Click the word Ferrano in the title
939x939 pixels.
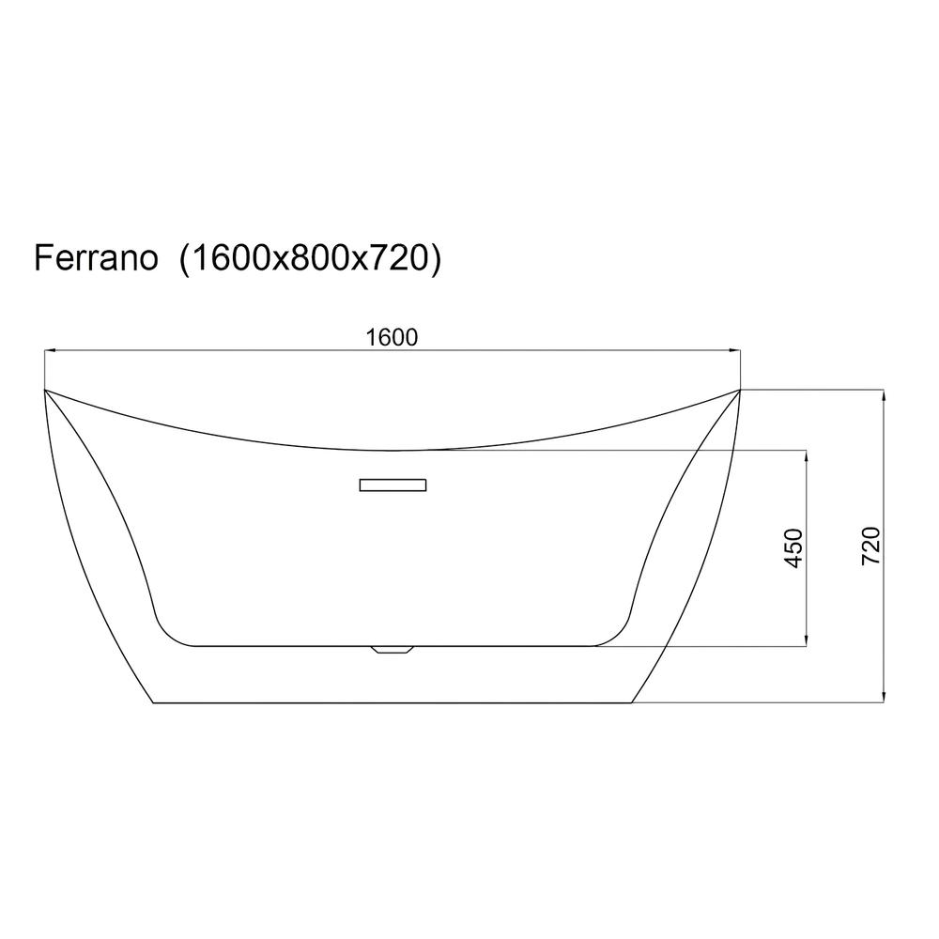[96, 258]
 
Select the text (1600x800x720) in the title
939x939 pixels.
[310, 258]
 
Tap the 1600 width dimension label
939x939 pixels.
[392, 337]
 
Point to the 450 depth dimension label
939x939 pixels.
[794, 547]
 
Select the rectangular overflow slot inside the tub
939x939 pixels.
[393, 485]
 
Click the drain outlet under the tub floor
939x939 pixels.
[393, 650]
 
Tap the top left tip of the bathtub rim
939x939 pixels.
[45, 389]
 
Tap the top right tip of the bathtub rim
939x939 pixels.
[741, 389]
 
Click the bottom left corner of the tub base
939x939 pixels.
[153, 702]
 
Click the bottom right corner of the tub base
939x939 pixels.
[634, 702]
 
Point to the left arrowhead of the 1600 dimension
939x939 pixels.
[50, 352]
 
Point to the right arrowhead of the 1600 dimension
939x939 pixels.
[736, 352]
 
